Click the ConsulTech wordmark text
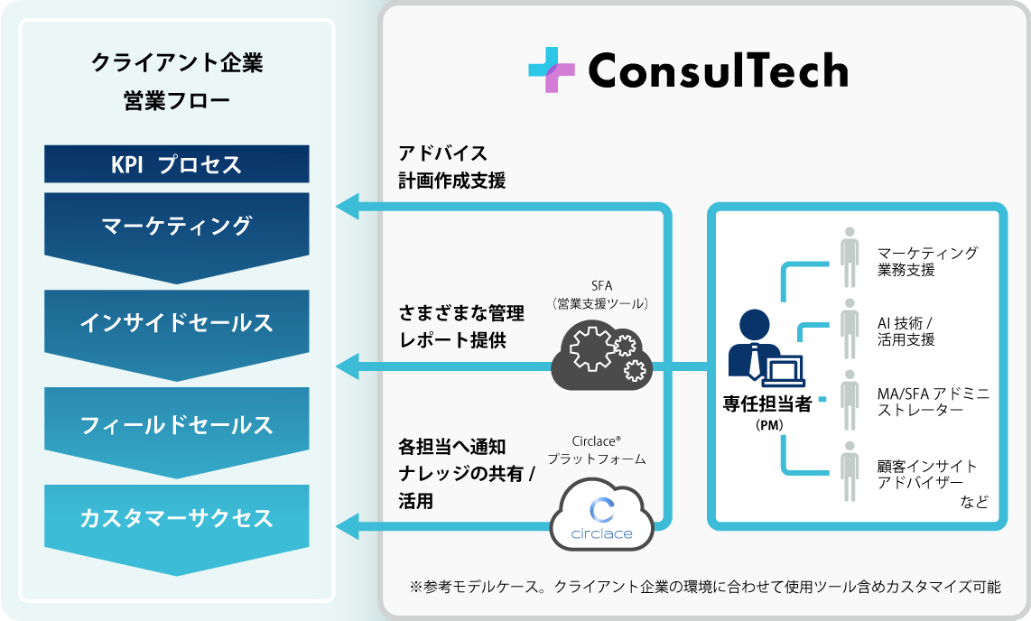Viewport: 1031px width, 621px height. [x=718, y=70]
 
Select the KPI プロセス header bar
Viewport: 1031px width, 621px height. [x=177, y=164]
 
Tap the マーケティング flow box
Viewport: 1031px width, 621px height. [x=177, y=226]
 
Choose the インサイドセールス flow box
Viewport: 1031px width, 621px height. [x=177, y=323]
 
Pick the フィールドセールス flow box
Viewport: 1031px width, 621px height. [x=177, y=424]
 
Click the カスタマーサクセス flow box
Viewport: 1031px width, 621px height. [x=177, y=519]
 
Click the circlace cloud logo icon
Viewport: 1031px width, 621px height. [x=602, y=516]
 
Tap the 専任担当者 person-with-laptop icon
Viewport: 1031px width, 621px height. [x=766, y=347]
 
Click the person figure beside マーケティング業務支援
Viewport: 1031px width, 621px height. [x=849, y=258]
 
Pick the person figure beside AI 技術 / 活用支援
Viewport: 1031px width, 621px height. [x=849, y=329]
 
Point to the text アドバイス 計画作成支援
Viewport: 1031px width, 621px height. [x=452, y=166]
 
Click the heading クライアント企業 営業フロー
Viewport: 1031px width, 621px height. [x=177, y=81]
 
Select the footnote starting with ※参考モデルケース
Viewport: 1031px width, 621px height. [x=705, y=587]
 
